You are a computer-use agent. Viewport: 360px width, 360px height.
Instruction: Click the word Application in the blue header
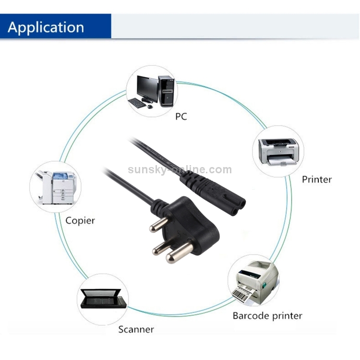46,27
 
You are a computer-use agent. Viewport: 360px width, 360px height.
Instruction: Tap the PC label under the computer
181,116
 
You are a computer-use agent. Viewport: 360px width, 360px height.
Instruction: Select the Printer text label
316,180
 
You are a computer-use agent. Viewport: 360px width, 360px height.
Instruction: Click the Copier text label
80,221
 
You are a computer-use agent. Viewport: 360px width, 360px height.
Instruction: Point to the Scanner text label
136,329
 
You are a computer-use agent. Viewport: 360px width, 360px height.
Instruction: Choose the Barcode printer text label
267,315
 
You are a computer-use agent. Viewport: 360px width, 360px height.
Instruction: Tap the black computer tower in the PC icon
166,90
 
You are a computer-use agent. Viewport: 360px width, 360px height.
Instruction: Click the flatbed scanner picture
102,301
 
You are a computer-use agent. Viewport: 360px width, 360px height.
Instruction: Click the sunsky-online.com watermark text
180,169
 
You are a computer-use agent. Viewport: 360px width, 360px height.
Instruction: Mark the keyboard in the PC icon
137,103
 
